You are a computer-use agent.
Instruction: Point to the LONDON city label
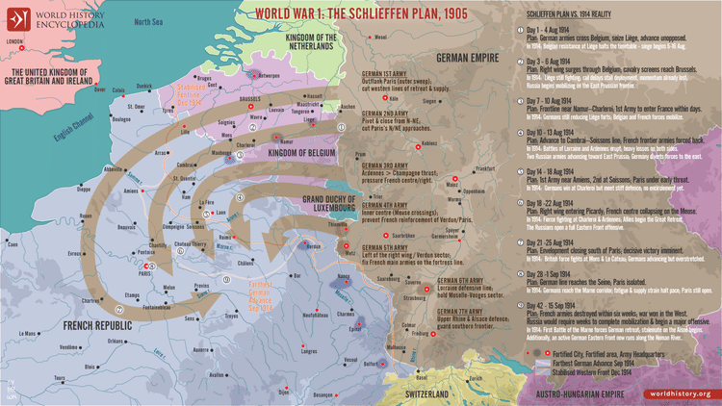pos(13,41)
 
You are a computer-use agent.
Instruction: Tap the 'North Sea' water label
pos(148,21)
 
